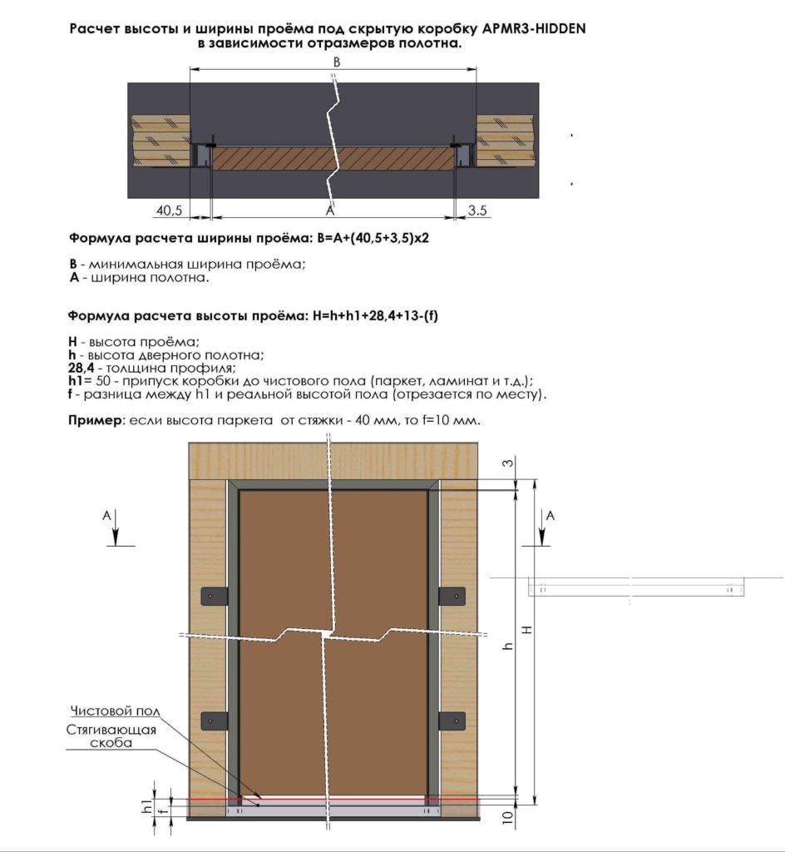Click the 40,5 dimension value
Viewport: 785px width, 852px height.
[x=169, y=211]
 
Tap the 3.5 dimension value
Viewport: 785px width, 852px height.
[x=477, y=211]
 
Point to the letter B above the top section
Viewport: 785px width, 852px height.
[x=337, y=62]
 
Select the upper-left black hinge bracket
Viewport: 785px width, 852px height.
[x=212, y=597]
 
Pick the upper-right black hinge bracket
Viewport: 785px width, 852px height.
[x=452, y=597]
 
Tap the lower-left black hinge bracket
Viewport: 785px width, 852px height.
[x=212, y=721]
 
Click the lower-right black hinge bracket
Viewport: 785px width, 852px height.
[x=452, y=721]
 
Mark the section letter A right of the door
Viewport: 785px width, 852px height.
[x=550, y=516]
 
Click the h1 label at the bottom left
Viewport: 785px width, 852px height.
[x=146, y=805]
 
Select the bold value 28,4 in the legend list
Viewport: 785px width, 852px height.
[x=82, y=367]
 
